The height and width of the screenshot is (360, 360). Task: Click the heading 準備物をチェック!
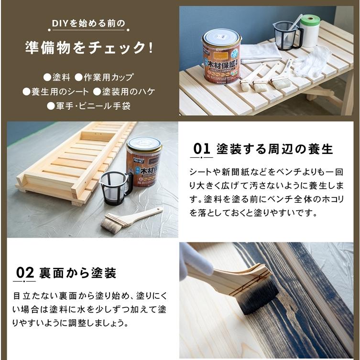89,48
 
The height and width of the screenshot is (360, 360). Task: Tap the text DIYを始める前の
89,23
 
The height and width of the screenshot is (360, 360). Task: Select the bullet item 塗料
57,76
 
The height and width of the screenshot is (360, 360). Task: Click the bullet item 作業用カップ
106,76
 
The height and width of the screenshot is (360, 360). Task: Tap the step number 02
25,273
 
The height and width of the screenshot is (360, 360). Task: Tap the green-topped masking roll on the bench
310,30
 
